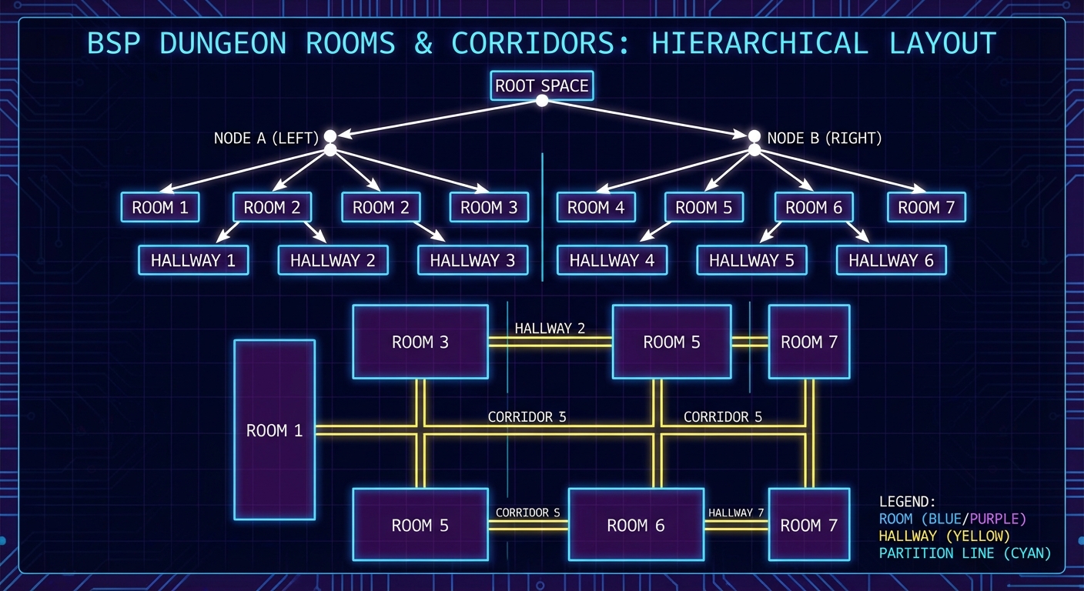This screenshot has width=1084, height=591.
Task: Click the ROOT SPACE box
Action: (541, 85)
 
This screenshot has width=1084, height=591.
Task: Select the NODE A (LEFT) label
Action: (266, 139)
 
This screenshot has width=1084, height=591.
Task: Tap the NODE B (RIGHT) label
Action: (824, 139)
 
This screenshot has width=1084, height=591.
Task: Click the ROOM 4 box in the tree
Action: (596, 207)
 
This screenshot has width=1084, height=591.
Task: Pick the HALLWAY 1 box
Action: (193, 260)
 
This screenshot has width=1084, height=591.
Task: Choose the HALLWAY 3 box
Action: (472, 260)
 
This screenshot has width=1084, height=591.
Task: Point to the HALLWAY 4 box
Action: (612, 260)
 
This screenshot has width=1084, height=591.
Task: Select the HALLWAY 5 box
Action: (751, 260)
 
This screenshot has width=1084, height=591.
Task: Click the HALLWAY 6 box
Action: (891, 260)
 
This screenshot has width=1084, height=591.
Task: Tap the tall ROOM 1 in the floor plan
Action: (274, 430)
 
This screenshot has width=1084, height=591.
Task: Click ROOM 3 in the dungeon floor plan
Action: (420, 342)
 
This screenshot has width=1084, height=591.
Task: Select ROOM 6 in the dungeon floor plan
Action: (636, 525)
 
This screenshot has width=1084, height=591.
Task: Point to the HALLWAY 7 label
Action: (736, 513)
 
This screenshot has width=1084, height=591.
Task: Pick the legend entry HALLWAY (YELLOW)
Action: (944, 536)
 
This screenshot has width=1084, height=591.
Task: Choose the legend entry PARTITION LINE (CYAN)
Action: (965, 553)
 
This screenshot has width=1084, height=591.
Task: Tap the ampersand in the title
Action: (423, 43)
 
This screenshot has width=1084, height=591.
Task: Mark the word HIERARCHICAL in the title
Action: (760, 43)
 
